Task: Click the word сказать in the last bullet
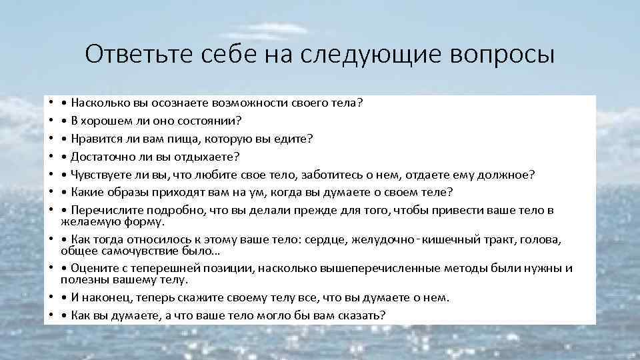pos(361,315)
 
